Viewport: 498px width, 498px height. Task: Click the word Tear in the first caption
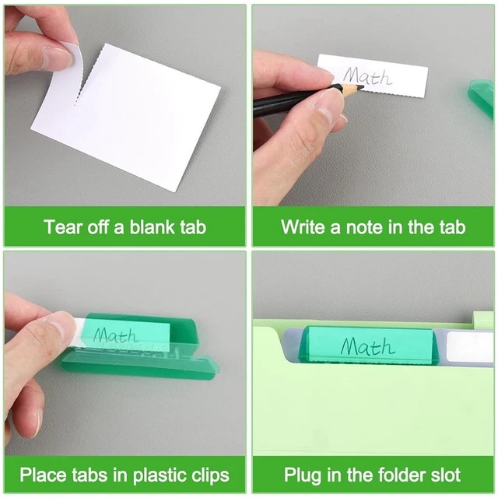(62, 227)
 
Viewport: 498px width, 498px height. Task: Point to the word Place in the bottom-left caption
(42, 475)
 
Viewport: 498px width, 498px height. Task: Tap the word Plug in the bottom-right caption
(301, 475)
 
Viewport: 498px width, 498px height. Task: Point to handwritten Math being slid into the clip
(117, 335)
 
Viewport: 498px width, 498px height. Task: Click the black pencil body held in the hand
(292, 100)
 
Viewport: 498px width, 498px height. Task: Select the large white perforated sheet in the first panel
(132, 117)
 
